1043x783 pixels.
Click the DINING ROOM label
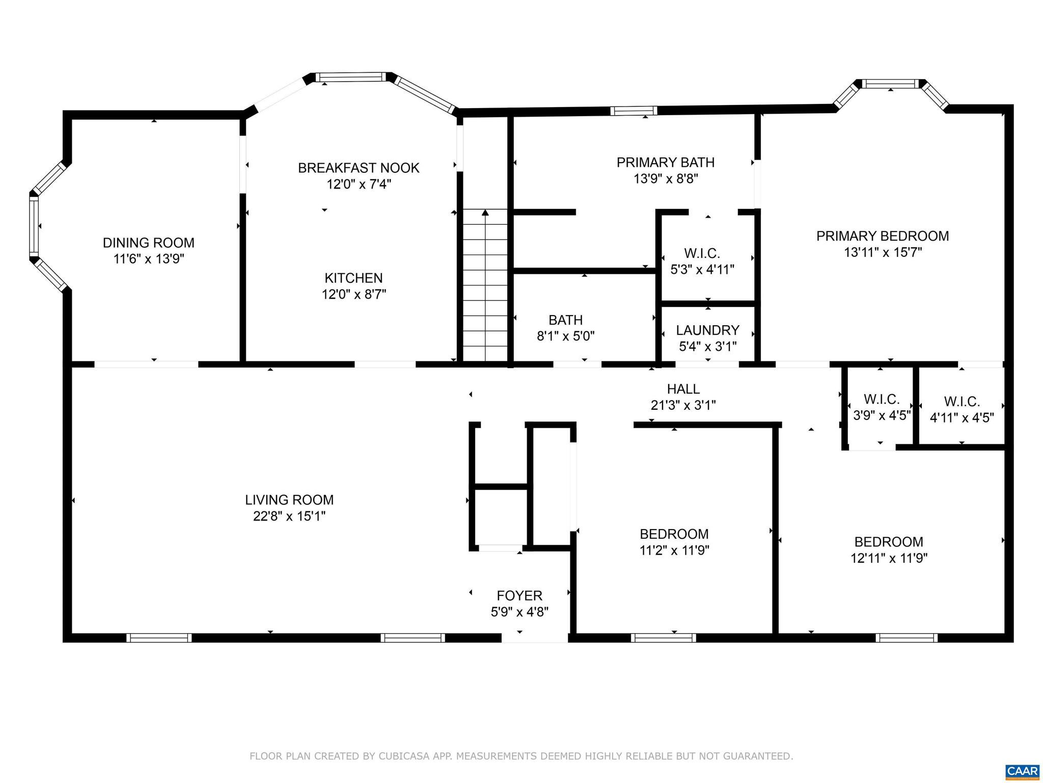pos(148,243)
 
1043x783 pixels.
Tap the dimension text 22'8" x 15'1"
pos(289,516)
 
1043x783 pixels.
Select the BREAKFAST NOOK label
pos(359,168)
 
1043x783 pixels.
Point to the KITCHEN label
pos(353,278)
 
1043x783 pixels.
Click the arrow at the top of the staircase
pos(485,213)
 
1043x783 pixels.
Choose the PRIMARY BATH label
pos(665,162)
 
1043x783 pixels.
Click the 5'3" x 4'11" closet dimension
pos(702,270)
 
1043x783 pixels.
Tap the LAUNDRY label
pos(707,330)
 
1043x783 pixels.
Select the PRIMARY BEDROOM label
pos(882,236)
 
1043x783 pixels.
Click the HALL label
pos(683,389)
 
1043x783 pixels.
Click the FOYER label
pos(519,595)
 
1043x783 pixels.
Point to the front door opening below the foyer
pos(535,638)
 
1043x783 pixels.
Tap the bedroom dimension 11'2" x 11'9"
pos(674,551)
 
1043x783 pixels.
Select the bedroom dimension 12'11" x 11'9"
pos(889,558)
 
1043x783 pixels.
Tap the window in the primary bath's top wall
pos(634,111)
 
